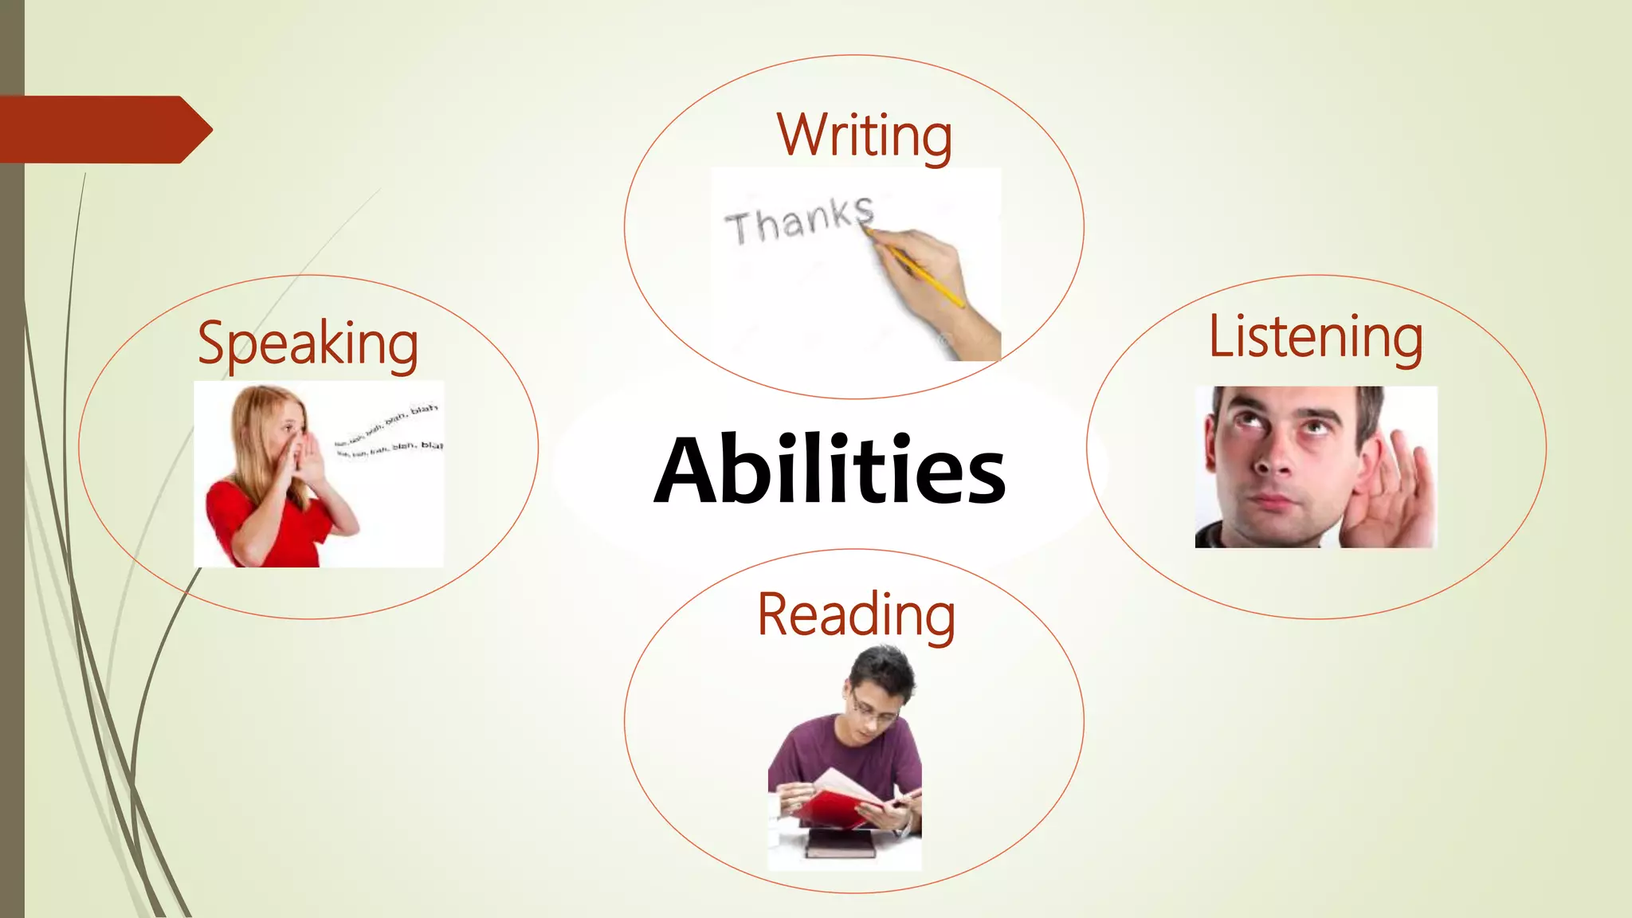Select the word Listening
[1316, 337]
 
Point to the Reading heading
[856, 615]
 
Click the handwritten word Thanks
[799, 221]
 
